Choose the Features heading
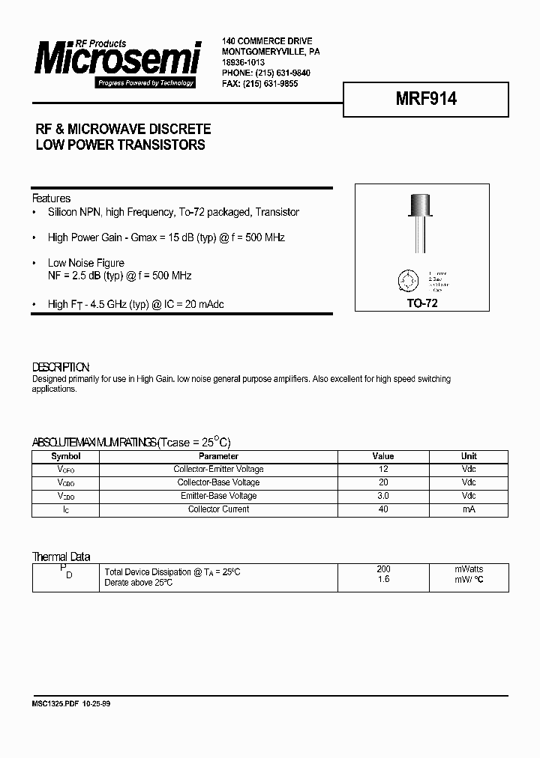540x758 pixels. pyautogui.click(x=51, y=198)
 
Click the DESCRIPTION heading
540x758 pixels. pyautogui.click(x=61, y=367)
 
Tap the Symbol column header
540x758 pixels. pyautogui.click(x=65, y=456)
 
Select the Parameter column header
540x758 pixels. pyautogui.click(x=218, y=456)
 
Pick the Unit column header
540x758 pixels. pyautogui.click(x=469, y=456)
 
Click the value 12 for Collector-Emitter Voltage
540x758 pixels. pyautogui.click(x=383, y=469)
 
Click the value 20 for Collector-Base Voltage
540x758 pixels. pyautogui.click(x=383, y=482)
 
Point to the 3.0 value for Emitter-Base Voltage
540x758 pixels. pyautogui.click(x=383, y=496)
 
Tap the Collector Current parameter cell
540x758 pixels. pyautogui.click(x=218, y=509)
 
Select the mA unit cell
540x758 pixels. pyautogui.click(x=469, y=509)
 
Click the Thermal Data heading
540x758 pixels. pyautogui.click(x=61, y=557)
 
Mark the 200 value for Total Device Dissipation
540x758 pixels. pyautogui.click(x=383, y=569)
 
